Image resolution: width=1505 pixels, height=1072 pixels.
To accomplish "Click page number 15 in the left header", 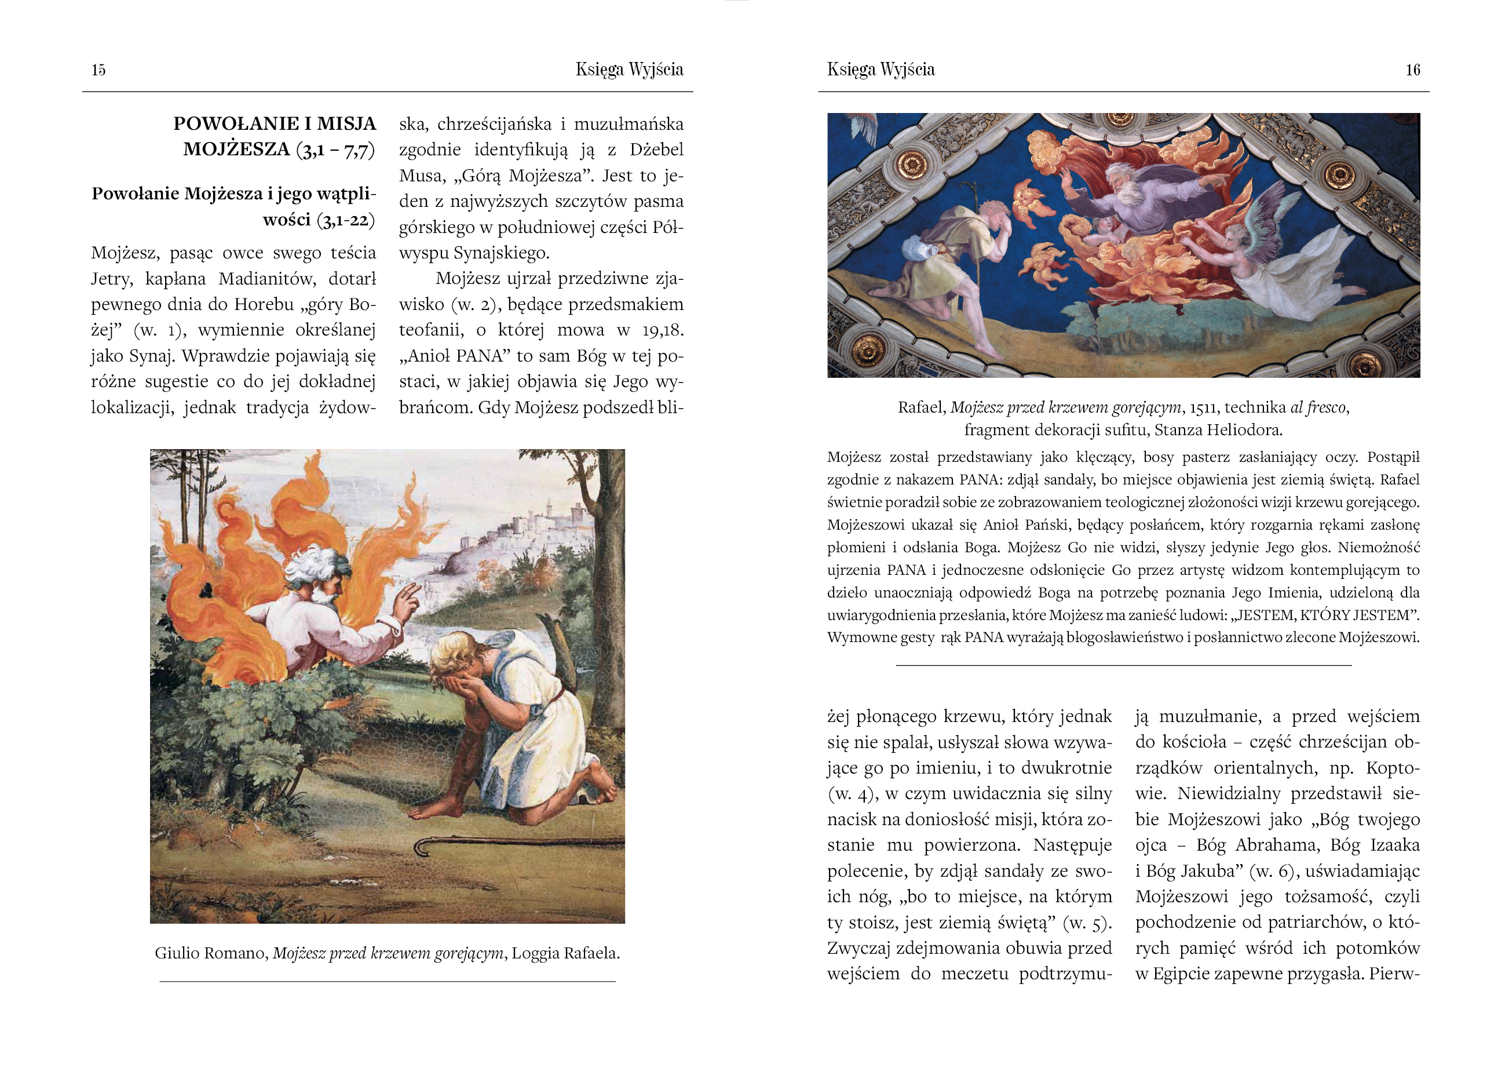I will (x=98, y=70).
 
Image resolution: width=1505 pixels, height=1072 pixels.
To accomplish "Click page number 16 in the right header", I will (x=1413, y=70).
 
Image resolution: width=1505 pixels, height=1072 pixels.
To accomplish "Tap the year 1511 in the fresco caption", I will (x=1203, y=407).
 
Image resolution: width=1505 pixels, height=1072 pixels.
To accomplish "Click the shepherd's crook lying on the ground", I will (x=514, y=844).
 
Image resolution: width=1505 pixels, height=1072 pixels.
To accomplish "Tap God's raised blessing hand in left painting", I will (x=407, y=601).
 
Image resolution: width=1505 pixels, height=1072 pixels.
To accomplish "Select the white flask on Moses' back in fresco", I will (x=921, y=250).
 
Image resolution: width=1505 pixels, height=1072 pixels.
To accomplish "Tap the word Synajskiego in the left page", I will (x=501, y=253).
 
